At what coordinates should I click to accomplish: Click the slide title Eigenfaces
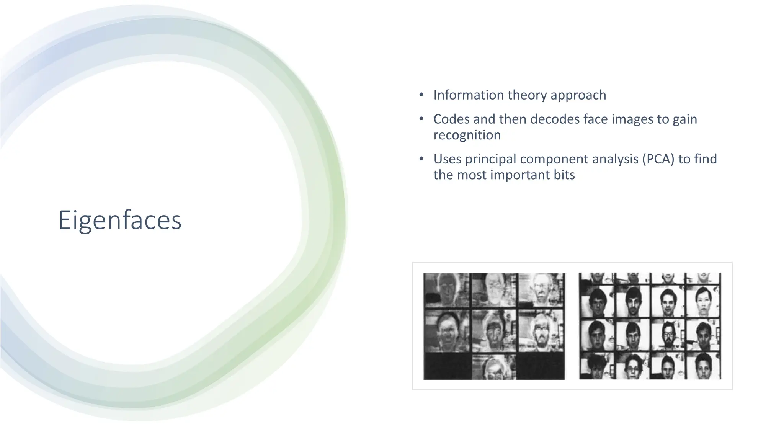point(120,220)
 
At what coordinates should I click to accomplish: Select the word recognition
point(467,135)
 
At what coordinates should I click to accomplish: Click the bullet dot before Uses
point(421,158)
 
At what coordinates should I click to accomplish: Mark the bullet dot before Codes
point(421,119)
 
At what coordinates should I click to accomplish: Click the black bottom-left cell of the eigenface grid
point(447,366)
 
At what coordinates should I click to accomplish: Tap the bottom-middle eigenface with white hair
point(494,367)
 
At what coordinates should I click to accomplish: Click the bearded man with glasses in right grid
point(668,334)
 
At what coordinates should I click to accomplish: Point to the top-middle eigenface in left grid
point(494,290)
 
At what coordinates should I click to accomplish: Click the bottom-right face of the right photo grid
point(703,366)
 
